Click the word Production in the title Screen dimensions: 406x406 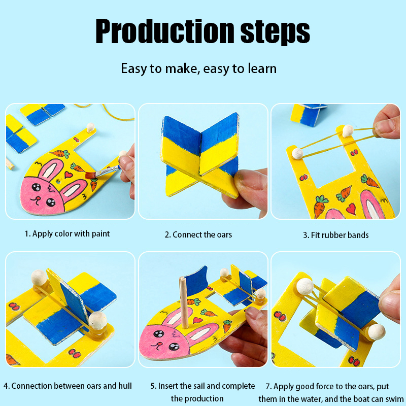point(165,31)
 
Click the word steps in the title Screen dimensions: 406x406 point(275,32)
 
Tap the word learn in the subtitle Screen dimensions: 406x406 point(262,69)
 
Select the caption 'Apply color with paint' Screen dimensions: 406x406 point(71,234)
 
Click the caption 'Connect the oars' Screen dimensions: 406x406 point(202,234)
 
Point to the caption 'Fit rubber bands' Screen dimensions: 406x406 point(340,235)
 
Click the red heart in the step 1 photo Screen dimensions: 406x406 point(69,175)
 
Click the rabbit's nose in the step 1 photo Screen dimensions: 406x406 point(38,198)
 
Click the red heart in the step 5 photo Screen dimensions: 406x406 point(197,320)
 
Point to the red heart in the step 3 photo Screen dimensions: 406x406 point(351,209)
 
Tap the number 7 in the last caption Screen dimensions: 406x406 point(268,387)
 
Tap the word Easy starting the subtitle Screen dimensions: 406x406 point(134,69)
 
